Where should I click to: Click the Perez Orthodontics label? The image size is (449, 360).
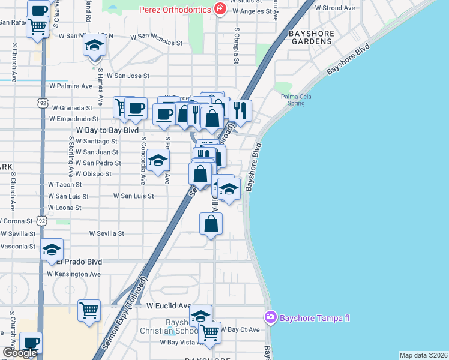point(175,10)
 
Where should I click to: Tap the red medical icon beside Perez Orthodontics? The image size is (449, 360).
point(220,10)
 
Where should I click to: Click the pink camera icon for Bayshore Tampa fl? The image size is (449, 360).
point(271,316)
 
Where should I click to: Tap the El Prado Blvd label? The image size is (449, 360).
point(78,262)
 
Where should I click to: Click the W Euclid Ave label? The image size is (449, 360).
point(169,305)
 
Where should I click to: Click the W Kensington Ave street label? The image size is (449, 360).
point(74,274)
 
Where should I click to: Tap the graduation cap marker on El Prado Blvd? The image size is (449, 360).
point(52,249)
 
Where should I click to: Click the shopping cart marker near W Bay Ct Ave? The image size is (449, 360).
point(209,332)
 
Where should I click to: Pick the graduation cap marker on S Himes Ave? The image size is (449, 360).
point(94,46)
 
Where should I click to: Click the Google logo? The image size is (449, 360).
point(20,353)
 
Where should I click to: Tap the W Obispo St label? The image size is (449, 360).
point(93,173)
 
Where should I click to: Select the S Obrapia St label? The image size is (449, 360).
point(237,46)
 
